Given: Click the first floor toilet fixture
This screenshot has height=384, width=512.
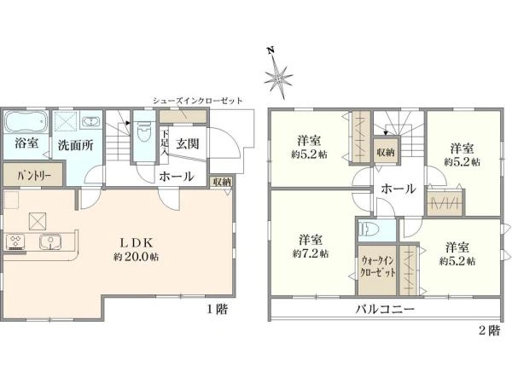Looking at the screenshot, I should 143,134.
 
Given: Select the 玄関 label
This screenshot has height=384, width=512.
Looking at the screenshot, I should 188,144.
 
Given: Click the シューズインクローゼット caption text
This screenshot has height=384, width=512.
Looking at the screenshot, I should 197,100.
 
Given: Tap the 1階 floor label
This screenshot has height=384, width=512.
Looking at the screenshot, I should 216,309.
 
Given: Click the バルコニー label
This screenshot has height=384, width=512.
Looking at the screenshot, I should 385,308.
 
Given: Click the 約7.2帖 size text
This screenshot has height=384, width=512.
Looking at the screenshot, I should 310,253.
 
